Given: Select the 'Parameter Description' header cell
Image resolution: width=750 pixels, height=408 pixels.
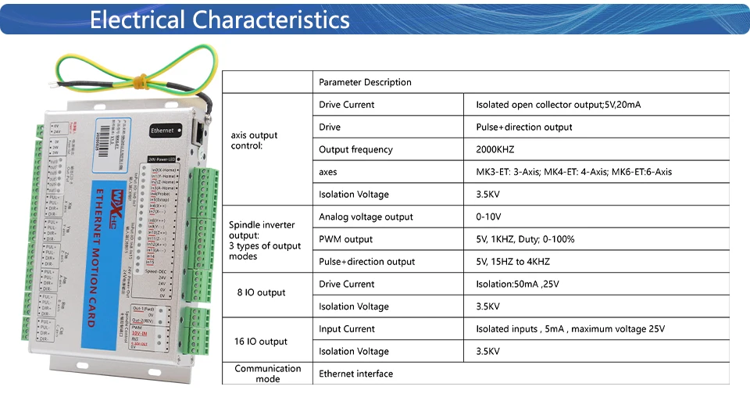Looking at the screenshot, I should click(x=365, y=82).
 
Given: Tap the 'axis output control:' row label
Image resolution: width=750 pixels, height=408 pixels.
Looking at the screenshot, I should click(x=255, y=140).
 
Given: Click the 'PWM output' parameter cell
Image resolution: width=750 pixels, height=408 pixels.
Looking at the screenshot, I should click(x=346, y=239).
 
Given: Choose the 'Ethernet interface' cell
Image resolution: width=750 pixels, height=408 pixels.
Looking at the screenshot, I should click(x=355, y=374).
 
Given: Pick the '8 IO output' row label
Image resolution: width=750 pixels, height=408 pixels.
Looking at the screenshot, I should click(x=261, y=292).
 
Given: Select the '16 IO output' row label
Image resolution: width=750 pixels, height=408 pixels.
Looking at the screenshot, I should click(x=261, y=342).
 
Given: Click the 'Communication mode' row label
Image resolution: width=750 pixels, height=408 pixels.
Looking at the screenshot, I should click(x=268, y=374).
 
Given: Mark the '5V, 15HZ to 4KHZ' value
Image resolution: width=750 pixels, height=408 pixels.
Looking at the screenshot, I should click(x=512, y=262).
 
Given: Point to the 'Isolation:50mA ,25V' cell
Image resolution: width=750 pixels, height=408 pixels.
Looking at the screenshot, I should click(x=518, y=284).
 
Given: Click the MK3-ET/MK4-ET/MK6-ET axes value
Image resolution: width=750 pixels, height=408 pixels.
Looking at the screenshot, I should click(x=573, y=172).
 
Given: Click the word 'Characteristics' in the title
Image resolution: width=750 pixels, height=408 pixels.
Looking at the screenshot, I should click(x=271, y=19).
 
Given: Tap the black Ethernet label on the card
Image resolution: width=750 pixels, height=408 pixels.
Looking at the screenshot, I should click(x=166, y=131).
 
